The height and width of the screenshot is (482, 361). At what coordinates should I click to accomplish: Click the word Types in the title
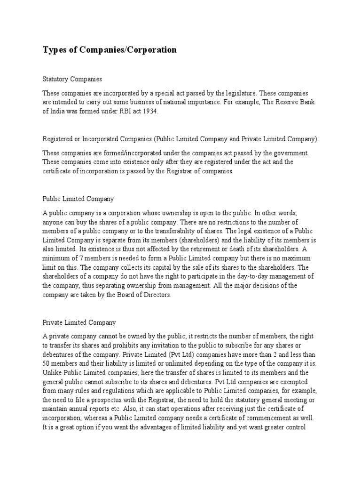[54, 50]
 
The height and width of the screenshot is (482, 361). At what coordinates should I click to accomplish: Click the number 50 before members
[47, 364]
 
